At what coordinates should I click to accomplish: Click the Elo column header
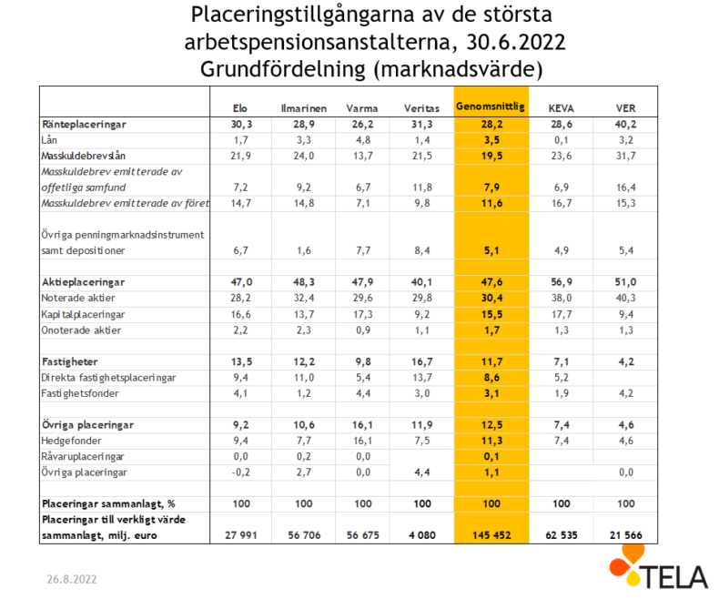[240, 108]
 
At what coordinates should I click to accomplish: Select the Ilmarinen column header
[304, 108]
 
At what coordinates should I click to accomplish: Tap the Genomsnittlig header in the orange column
[491, 107]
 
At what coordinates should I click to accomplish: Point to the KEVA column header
[562, 108]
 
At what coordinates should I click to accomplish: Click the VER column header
[625, 108]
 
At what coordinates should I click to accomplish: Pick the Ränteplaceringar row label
[84, 125]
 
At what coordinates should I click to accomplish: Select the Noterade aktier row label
[78, 298]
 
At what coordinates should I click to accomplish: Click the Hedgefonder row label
[71, 441]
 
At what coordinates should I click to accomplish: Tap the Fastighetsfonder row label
[80, 393]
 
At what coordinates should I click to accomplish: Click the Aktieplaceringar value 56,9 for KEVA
[562, 282]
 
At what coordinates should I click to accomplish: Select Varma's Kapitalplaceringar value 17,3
[362, 314]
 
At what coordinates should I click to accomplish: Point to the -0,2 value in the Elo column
[240, 472]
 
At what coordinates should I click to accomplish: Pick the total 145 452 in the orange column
[491, 535]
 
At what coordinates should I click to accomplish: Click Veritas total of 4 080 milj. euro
[422, 535]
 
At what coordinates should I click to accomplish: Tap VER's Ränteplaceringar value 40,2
[625, 125]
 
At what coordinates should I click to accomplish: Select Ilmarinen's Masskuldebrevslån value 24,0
[304, 156]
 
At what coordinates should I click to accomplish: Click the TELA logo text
[675, 577]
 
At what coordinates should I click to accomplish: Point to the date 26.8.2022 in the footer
[72, 579]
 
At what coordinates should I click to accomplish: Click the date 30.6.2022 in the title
[516, 42]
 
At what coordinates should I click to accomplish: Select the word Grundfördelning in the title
[282, 69]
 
